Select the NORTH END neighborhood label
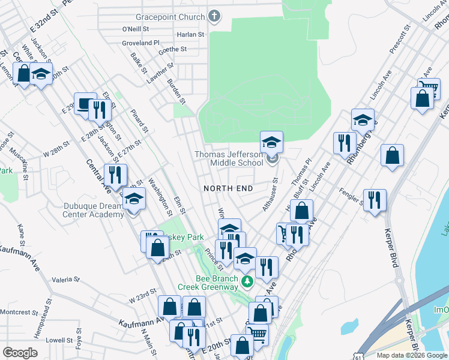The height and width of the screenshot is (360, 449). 228,188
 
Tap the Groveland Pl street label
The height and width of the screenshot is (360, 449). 140,43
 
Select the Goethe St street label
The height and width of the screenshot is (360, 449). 172,50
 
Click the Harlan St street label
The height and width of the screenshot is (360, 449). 190,35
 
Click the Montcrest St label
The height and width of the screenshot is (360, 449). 19,312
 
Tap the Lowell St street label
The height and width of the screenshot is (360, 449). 59,340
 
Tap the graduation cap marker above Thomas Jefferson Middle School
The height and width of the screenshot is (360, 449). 271,143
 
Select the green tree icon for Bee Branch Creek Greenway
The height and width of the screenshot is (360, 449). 246,281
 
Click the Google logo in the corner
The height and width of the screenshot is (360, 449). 20,353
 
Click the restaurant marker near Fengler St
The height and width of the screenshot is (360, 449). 375,200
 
